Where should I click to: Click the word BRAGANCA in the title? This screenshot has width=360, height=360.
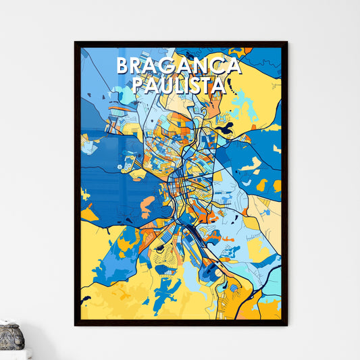(x=178, y=65)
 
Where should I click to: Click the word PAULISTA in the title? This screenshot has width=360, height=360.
(x=178, y=85)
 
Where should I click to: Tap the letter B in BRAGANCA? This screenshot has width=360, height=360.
(x=123, y=65)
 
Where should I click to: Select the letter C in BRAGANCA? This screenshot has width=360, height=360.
(x=216, y=65)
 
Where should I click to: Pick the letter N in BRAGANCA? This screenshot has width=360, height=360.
(x=201, y=65)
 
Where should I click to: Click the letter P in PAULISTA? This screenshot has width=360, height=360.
(x=137, y=85)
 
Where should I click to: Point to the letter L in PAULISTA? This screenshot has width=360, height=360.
(x=180, y=85)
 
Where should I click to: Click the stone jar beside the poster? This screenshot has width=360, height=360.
(x=11, y=336)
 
